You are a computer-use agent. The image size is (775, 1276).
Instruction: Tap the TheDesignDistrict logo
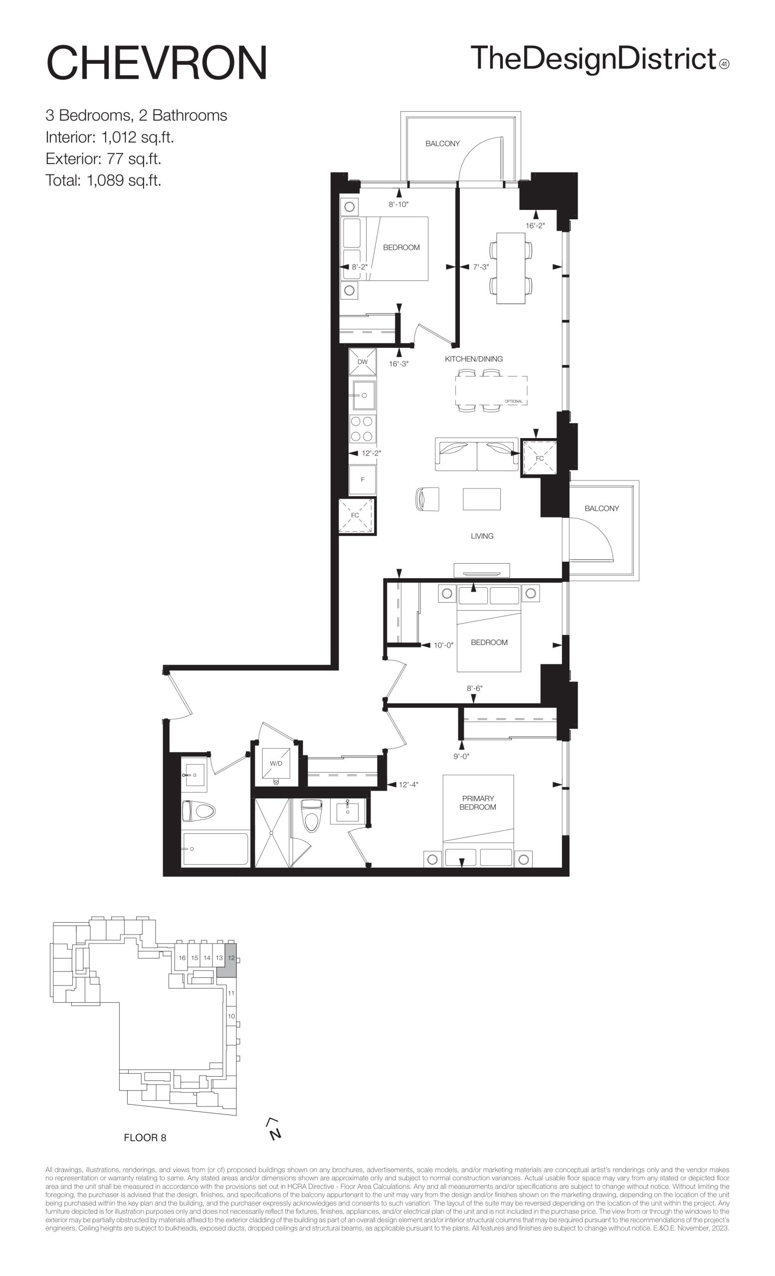[x=599, y=59]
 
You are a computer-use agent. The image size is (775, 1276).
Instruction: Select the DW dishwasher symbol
[x=363, y=361]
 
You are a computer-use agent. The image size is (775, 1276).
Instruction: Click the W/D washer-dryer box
[x=276, y=764]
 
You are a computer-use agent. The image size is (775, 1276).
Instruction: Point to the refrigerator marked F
[x=363, y=479]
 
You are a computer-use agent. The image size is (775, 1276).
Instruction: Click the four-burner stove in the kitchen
[x=363, y=429]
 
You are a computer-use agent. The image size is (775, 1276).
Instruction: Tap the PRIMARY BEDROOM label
[x=478, y=802]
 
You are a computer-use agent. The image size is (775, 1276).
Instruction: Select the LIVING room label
[x=482, y=536]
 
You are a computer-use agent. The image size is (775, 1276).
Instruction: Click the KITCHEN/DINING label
[x=473, y=359]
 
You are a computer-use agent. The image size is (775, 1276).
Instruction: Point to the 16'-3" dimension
[x=399, y=363]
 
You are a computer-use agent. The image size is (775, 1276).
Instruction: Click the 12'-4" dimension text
[x=408, y=784]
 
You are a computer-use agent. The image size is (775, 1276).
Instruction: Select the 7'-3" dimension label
[x=481, y=267]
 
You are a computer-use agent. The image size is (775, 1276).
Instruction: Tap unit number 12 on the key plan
[x=231, y=958]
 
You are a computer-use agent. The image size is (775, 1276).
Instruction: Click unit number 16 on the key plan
[x=183, y=958]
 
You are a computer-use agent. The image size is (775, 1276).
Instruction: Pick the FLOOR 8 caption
[x=145, y=1138]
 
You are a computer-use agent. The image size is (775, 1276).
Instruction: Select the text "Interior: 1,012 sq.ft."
[x=110, y=137]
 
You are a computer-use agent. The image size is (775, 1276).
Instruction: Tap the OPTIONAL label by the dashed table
[x=513, y=401]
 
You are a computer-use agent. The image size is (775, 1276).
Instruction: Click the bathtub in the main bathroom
[x=215, y=849]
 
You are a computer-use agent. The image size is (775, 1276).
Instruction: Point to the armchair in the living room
[x=427, y=499]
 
